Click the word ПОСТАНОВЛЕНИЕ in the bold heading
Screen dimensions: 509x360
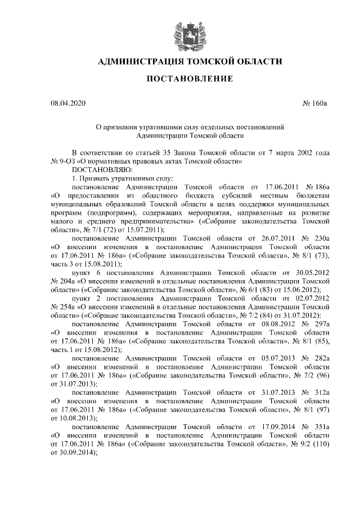tap(190, 79)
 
